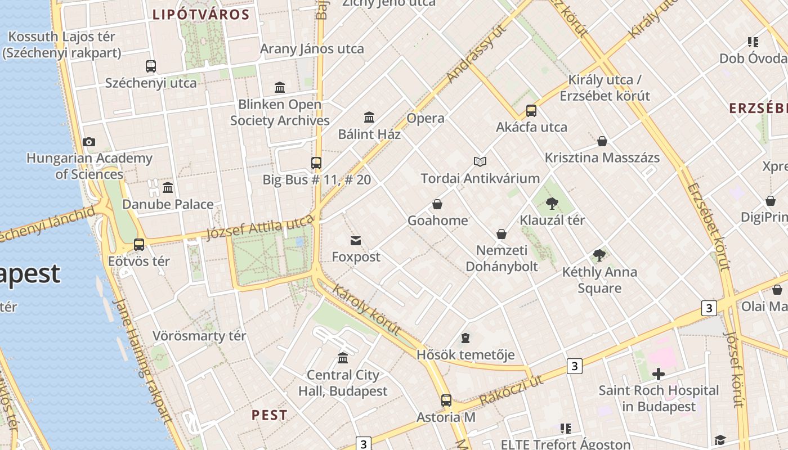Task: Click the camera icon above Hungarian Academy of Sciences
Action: (x=88, y=142)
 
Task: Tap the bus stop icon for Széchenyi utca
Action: (x=151, y=66)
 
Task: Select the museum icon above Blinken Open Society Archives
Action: (x=280, y=87)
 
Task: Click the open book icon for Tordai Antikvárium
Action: (x=480, y=162)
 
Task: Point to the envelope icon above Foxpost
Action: (x=356, y=241)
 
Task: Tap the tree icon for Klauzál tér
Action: (x=552, y=204)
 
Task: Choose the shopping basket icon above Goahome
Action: (x=437, y=204)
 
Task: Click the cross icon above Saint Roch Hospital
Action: (x=658, y=374)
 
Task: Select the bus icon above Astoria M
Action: (x=446, y=400)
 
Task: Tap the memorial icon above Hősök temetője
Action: (x=465, y=338)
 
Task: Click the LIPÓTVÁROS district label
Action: (x=201, y=15)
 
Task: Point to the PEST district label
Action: (x=269, y=415)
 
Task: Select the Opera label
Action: (x=426, y=118)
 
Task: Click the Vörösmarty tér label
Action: (x=199, y=336)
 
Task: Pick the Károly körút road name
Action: (x=367, y=309)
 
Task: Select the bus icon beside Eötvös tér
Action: (x=139, y=245)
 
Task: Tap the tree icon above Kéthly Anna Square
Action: (x=599, y=255)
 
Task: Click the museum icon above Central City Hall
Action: (x=343, y=358)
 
